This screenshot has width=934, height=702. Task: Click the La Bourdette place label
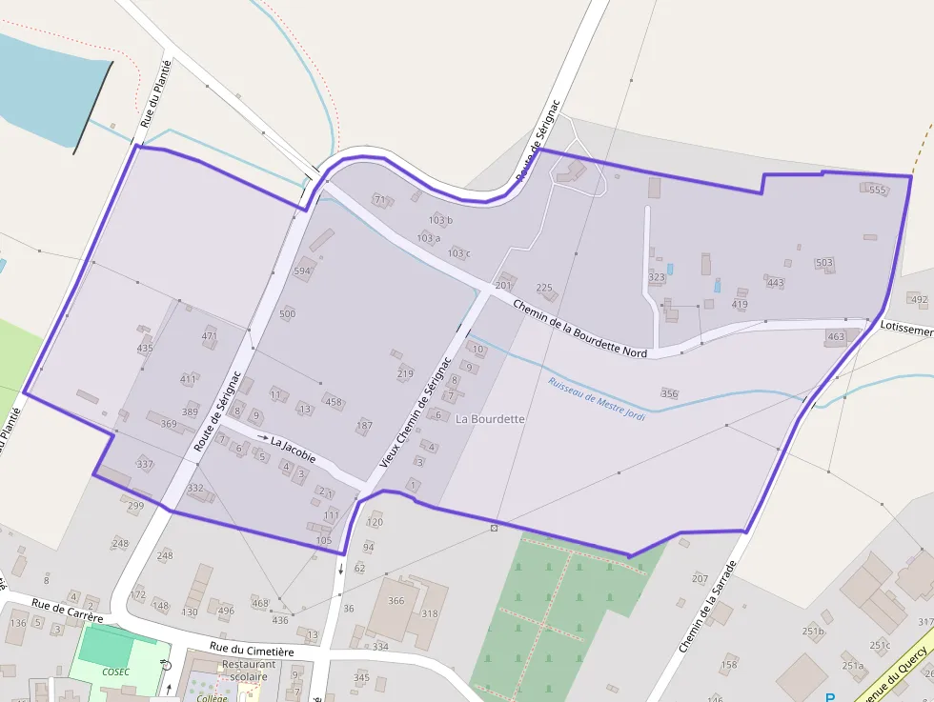tap(491, 419)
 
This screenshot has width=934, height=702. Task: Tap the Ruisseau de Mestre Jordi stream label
tap(597, 399)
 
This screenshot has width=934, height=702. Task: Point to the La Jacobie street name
tap(293, 443)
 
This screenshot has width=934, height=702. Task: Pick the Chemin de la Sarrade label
tap(707, 607)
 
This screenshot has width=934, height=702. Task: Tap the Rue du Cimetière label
tap(253, 650)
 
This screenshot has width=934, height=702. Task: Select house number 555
tap(878, 191)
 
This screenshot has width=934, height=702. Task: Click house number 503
tap(824, 263)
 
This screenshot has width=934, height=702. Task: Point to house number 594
tap(302, 271)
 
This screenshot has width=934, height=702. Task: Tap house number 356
tap(669, 393)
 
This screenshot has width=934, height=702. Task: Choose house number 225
tap(544, 288)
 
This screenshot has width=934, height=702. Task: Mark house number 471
tap(210, 336)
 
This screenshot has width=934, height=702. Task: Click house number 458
tap(334, 403)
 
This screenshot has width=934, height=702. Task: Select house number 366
tap(396, 601)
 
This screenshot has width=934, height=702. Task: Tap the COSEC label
tap(115, 671)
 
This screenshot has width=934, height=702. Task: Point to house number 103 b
tap(440, 220)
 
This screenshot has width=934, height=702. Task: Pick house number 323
tap(657, 278)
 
